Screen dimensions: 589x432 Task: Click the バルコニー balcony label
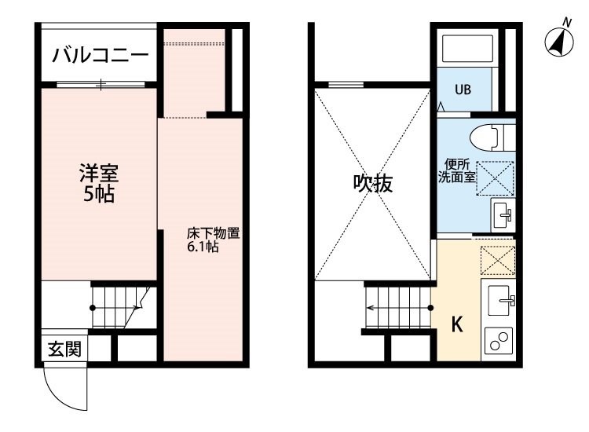point(101,55)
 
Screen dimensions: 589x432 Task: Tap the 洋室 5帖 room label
point(99,183)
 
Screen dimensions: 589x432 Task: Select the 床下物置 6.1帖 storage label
point(214,240)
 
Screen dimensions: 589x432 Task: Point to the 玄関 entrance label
point(64,350)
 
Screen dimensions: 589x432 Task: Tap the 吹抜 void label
point(372,183)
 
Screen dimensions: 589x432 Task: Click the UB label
point(463,90)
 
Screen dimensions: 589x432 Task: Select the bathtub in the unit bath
point(468,49)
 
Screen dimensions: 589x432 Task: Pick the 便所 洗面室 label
point(457,171)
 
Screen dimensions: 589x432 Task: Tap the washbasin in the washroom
point(503,216)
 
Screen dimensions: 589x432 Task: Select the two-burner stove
point(499,341)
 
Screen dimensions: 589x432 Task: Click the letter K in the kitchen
point(457,324)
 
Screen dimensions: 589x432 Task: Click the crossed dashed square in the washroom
point(495,178)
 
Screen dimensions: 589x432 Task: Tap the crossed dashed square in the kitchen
point(498,260)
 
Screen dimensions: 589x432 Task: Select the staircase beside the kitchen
point(398,308)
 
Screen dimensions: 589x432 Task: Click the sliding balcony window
point(101,85)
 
